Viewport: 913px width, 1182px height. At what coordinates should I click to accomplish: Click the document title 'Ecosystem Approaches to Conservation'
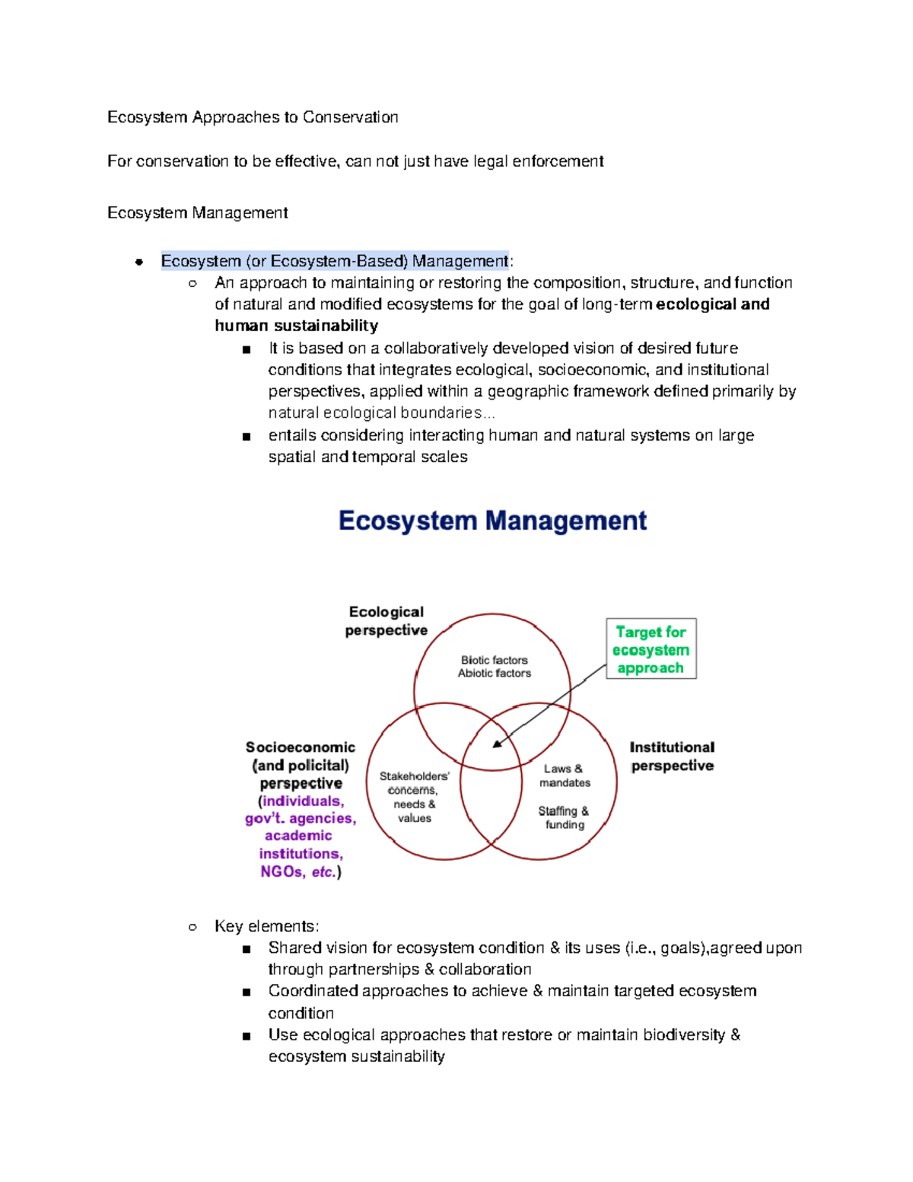(253, 117)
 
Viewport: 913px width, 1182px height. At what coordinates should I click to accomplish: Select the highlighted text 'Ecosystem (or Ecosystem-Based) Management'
(335, 261)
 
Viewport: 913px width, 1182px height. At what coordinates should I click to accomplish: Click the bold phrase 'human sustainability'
(296, 326)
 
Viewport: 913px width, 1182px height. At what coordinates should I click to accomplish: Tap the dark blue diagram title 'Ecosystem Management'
(492, 521)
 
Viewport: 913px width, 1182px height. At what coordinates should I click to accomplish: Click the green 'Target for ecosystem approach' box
(651, 649)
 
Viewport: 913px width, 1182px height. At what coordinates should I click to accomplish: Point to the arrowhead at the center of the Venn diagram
(497, 744)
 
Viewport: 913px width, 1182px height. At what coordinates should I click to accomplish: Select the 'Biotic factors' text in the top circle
(494, 660)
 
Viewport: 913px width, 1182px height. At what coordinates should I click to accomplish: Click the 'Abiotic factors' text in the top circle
(494, 674)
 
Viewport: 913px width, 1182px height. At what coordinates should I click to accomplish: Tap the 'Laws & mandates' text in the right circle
(565, 776)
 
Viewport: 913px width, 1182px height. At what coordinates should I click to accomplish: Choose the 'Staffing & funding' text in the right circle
(564, 817)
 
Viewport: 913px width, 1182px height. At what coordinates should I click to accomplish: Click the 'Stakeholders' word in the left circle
(414, 776)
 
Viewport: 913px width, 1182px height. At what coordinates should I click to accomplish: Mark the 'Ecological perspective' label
(386, 621)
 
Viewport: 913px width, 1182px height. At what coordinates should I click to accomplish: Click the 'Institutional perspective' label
(672, 757)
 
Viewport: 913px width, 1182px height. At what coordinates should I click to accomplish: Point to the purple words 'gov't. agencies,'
(301, 818)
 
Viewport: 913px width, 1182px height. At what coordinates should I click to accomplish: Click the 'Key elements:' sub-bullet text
(266, 926)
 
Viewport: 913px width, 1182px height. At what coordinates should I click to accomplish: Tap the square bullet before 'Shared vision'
(246, 949)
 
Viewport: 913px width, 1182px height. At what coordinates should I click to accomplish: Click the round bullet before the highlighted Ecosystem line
(138, 262)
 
